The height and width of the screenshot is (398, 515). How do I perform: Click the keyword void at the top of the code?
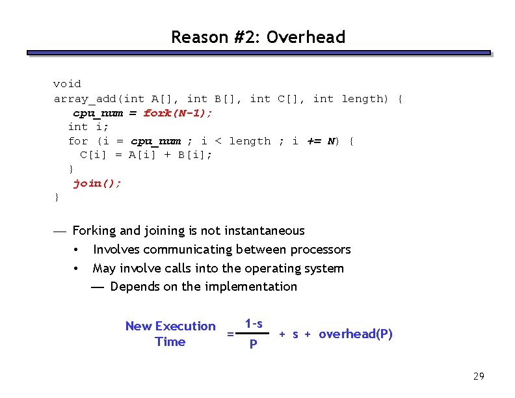click(x=67, y=84)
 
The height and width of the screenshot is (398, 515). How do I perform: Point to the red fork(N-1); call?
click(x=178, y=113)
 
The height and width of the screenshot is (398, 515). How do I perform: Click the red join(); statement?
click(x=98, y=183)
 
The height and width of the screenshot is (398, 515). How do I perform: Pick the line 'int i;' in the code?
click(x=88, y=127)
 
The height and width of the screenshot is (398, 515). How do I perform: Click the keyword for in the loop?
click(x=77, y=141)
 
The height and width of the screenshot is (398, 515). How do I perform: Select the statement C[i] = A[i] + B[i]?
click(x=146, y=155)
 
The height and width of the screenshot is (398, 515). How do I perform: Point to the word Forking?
click(x=95, y=231)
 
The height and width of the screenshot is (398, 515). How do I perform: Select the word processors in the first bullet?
click(x=321, y=250)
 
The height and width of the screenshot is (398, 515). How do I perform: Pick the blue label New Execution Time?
click(x=170, y=334)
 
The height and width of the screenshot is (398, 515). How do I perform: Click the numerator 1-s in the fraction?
click(x=254, y=324)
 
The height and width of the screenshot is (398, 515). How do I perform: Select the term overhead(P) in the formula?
click(x=356, y=334)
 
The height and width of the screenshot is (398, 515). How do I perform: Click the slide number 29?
click(x=479, y=377)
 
